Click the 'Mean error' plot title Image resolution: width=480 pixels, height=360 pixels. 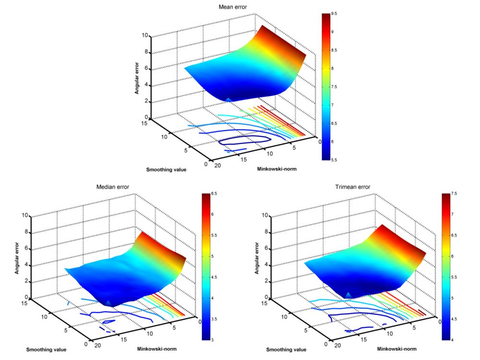[x=233, y=7]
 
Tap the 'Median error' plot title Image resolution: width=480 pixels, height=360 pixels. [x=113, y=187]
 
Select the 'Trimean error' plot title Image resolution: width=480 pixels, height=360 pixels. [x=353, y=187]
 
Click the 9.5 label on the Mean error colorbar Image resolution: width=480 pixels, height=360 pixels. [x=334, y=14]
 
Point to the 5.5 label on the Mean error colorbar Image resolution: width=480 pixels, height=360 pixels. [x=334, y=160]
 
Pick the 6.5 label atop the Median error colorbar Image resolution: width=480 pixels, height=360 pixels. [x=214, y=194]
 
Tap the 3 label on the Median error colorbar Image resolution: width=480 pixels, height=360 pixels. [x=212, y=340]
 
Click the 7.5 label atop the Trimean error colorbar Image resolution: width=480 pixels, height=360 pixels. [x=454, y=194]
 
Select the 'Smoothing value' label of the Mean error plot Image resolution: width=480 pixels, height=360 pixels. [x=166, y=169]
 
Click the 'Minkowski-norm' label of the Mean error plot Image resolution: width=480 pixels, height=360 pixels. [x=277, y=168]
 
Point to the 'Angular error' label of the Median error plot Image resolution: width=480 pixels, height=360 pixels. [x=17, y=258]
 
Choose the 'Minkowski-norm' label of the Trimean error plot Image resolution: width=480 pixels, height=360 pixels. [x=397, y=348]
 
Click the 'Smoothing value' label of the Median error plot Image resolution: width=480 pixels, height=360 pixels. [x=46, y=349]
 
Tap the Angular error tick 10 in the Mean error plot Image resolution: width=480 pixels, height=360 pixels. [x=145, y=36]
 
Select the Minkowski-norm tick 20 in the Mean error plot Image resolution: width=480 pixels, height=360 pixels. [x=217, y=166]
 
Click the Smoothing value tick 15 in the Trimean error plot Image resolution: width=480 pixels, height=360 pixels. [x=264, y=303]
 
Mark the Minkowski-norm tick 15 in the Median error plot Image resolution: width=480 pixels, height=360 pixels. [x=124, y=339]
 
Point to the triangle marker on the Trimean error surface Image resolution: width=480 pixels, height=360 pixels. [x=348, y=295]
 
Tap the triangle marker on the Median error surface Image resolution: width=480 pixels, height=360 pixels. [x=108, y=303]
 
